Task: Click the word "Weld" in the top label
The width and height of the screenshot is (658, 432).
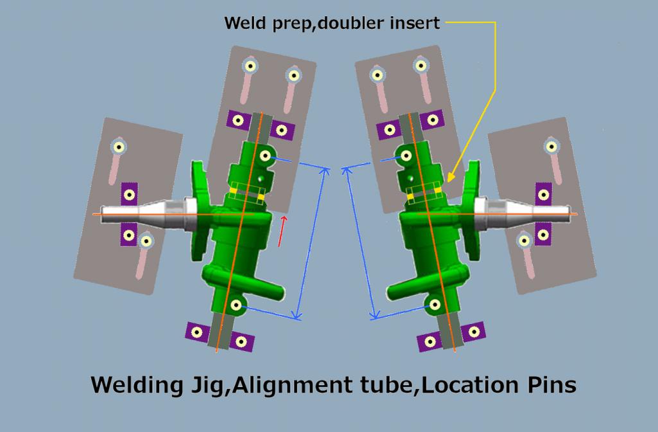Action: (x=241, y=24)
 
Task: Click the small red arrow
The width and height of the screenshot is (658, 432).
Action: (x=281, y=231)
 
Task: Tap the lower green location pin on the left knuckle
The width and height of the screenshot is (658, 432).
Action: (x=236, y=305)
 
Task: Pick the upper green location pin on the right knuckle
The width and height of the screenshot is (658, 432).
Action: (x=406, y=154)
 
